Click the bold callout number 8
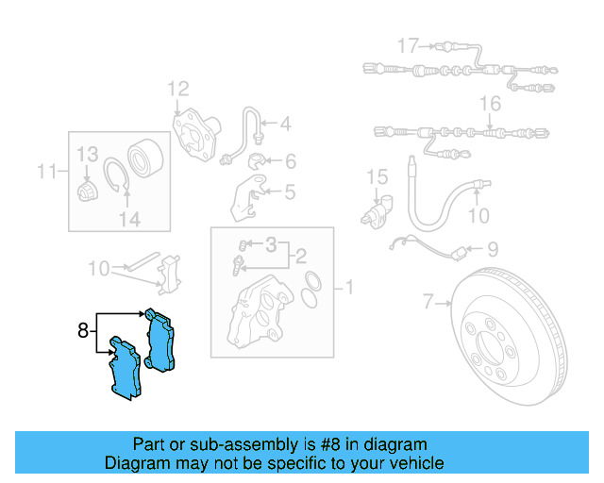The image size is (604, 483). coord(83,330)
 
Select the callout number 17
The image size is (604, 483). coord(407,45)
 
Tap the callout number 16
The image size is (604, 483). coord(490,103)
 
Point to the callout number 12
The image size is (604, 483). coord(179,90)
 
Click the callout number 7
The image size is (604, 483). coord(428,303)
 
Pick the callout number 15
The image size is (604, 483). coord(377,176)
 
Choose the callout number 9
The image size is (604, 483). coord(492,250)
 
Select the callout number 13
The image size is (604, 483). coord(87,154)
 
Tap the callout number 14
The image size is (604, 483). coord(128,219)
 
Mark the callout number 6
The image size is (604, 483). coord(289,161)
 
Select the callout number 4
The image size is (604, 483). coord(284,123)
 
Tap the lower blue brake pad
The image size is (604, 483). coord(125,370)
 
